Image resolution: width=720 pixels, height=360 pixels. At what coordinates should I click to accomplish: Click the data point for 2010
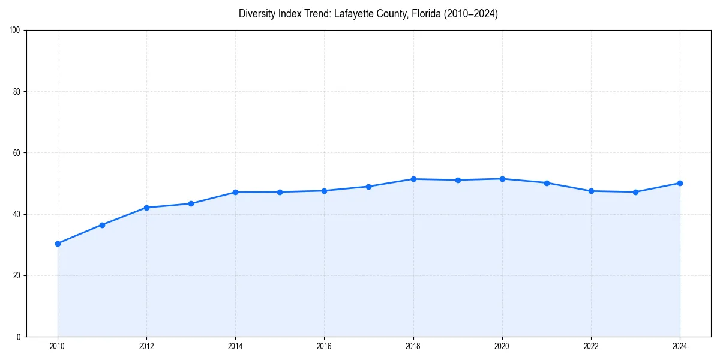click(x=58, y=244)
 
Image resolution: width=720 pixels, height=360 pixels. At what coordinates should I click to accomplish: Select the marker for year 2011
click(x=102, y=225)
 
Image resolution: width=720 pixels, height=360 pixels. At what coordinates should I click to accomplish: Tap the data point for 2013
click(x=191, y=203)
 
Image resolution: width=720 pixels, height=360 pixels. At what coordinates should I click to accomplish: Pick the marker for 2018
click(x=413, y=179)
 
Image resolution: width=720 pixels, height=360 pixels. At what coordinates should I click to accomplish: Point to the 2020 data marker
click(x=502, y=179)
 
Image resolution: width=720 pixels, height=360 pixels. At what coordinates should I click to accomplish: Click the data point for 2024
click(x=680, y=183)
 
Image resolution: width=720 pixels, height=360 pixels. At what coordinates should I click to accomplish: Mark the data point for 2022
click(x=591, y=191)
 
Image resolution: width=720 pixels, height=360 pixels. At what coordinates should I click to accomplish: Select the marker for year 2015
click(x=280, y=192)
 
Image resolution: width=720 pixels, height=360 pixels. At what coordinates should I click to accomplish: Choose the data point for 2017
click(x=368, y=187)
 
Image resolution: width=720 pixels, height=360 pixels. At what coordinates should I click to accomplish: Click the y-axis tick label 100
click(x=15, y=30)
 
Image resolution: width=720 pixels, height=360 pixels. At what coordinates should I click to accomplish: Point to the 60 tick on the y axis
click(x=17, y=153)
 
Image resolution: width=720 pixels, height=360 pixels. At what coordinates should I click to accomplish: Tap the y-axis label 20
click(x=17, y=275)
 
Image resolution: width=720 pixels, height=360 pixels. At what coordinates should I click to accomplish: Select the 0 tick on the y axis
click(x=19, y=337)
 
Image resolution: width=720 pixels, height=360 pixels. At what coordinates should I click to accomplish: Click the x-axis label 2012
click(x=146, y=346)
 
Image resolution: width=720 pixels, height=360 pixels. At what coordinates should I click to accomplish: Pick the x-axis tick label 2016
click(x=324, y=346)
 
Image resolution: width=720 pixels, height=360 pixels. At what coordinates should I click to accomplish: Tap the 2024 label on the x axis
click(x=680, y=346)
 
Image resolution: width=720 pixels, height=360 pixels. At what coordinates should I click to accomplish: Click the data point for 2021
click(x=547, y=183)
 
